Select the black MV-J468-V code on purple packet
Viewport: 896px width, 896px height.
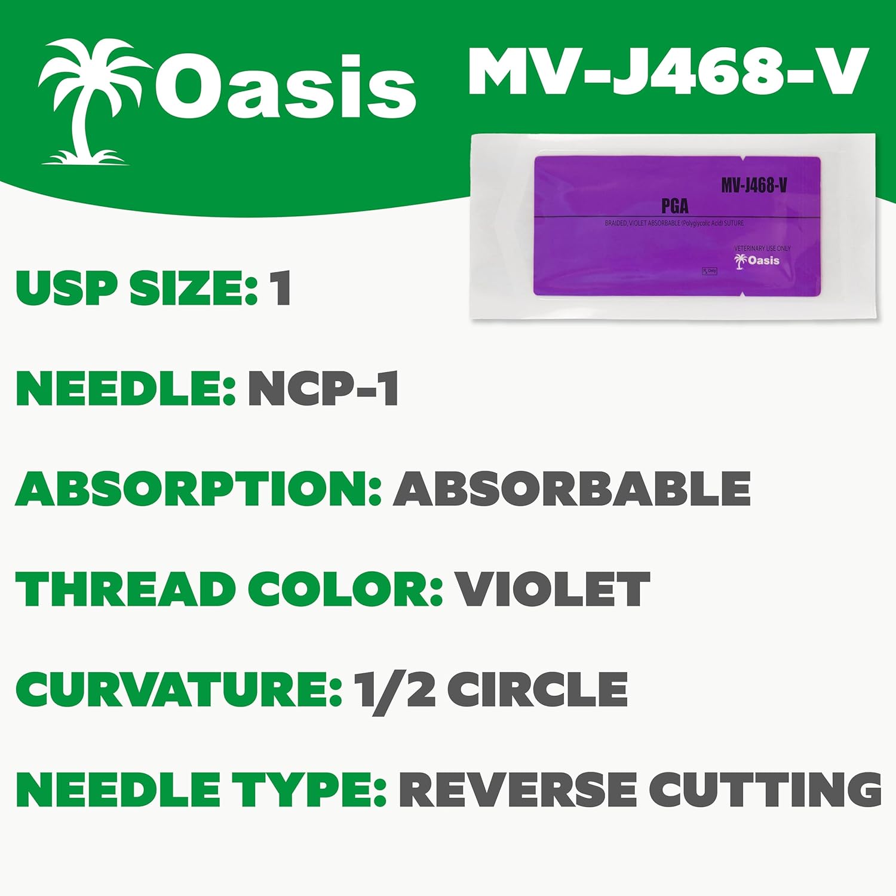tap(754, 185)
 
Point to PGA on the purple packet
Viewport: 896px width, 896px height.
tap(674, 206)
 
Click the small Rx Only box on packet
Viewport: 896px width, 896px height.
tap(710, 271)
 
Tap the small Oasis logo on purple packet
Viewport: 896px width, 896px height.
tap(757, 260)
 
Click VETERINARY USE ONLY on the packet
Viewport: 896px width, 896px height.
tap(762, 248)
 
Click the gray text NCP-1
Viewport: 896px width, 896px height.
tap(323, 389)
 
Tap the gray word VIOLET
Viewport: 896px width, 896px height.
tap(553, 588)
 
